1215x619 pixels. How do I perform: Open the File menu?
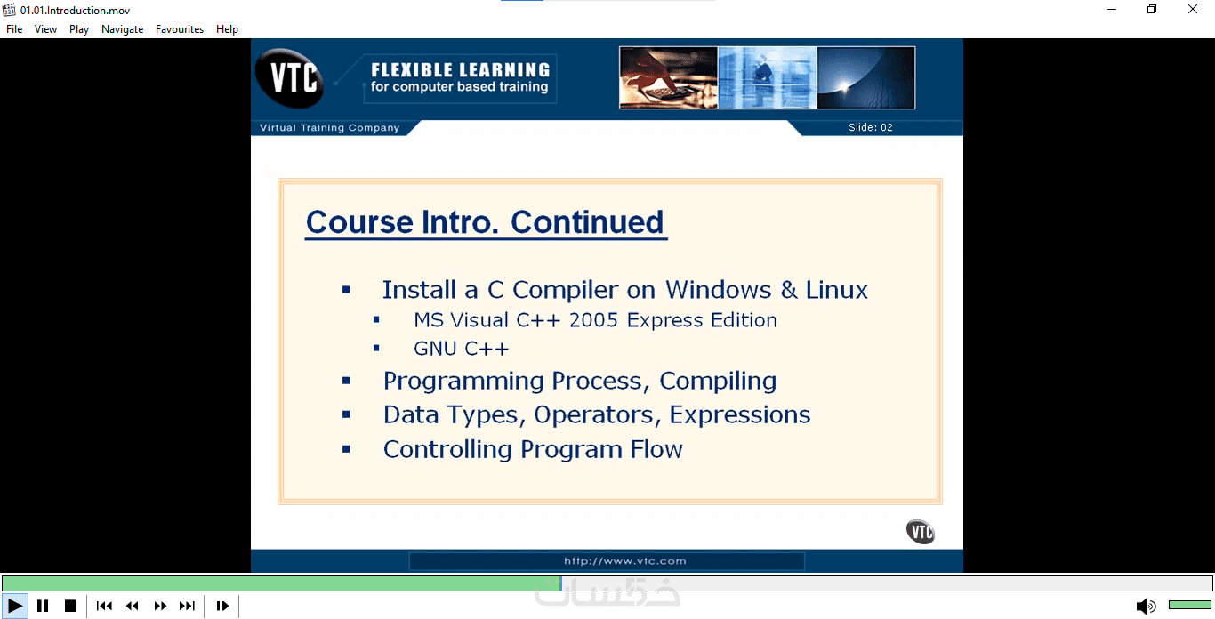pyautogui.click(x=14, y=29)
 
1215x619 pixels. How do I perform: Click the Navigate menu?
pyautogui.click(x=122, y=29)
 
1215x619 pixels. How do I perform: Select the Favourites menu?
pyautogui.click(x=180, y=29)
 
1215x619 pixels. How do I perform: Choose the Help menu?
pyautogui.click(x=227, y=29)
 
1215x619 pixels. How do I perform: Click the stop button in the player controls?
pyautogui.click(x=70, y=606)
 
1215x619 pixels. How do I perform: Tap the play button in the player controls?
pyautogui.click(x=15, y=606)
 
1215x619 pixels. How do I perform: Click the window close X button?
pyautogui.click(x=1192, y=9)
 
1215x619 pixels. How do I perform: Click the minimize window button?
pyautogui.click(x=1112, y=9)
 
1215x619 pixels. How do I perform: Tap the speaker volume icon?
pyautogui.click(x=1146, y=606)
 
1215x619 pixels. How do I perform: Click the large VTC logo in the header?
pyautogui.click(x=290, y=78)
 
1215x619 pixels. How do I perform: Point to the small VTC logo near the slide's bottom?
pyautogui.click(x=921, y=532)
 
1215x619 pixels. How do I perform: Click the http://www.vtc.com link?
pyautogui.click(x=625, y=561)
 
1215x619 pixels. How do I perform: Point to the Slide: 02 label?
pyautogui.click(x=870, y=127)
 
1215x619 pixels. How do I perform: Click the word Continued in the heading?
pyautogui.click(x=587, y=221)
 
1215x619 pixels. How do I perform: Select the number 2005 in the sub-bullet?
pyautogui.click(x=593, y=320)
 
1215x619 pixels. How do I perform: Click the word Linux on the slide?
pyautogui.click(x=836, y=290)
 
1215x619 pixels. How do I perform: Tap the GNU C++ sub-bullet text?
pyautogui.click(x=461, y=349)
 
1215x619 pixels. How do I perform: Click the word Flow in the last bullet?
pyautogui.click(x=656, y=449)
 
